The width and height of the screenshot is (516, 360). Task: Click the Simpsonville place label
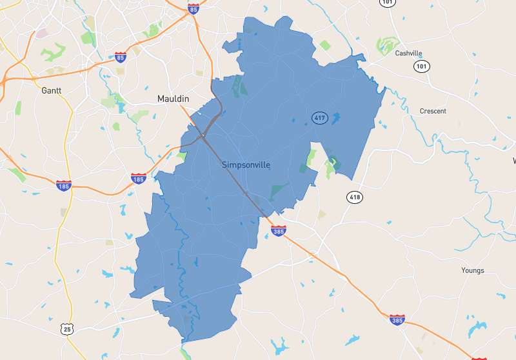coord(246,165)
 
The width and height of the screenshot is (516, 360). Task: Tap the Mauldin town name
coord(174,99)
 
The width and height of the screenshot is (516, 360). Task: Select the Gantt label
coord(51,91)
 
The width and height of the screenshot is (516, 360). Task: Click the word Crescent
coord(433,111)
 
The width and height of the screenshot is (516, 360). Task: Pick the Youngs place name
coord(472,270)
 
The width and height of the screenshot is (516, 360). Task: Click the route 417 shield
coord(319,117)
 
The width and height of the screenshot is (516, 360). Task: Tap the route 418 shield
coord(354,197)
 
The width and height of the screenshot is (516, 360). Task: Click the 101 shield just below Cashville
coord(422,66)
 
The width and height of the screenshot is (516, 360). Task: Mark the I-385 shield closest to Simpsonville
coord(278,230)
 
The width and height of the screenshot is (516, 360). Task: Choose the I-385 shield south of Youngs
coord(398,319)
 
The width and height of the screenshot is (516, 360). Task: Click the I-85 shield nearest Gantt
coord(120,57)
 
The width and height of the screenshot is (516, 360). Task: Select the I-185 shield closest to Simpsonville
coord(138,178)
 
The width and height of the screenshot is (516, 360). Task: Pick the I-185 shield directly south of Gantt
coord(63,185)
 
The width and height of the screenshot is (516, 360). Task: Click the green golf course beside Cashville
coord(386,45)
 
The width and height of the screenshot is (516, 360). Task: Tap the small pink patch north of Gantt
coord(42,33)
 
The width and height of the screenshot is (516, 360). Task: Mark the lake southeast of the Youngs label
coord(478,329)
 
